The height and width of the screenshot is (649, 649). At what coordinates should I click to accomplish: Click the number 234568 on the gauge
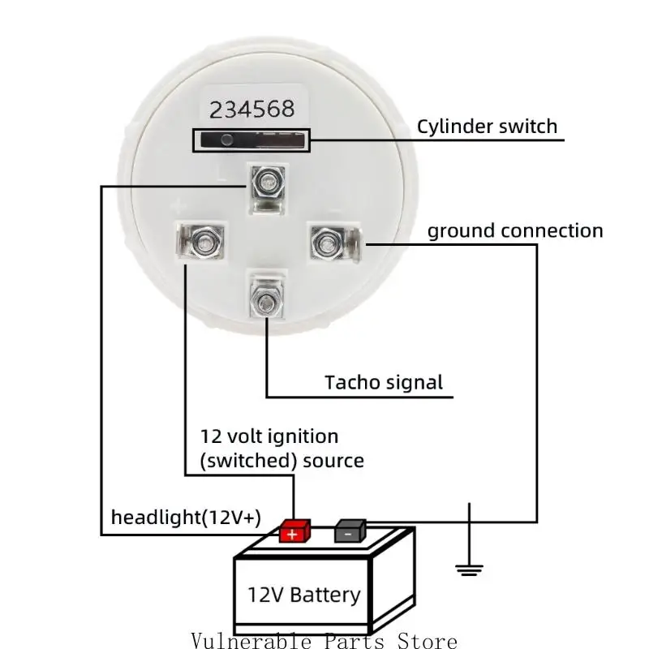click(252, 108)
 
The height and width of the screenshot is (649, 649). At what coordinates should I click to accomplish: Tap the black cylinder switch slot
click(251, 140)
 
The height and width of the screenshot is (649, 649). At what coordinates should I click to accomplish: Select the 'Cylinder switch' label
click(487, 127)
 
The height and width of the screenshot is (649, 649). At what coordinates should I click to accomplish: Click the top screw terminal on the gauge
click(265, 182)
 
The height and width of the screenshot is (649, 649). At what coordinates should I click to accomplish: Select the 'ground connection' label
click(515, 231)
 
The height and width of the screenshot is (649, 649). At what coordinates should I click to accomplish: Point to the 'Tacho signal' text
click(384, 382)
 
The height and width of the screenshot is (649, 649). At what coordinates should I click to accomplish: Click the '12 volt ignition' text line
click(269, 436)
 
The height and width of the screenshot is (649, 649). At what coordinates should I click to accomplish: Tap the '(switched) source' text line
click(282, 461)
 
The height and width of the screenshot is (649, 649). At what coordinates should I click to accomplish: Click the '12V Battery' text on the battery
click(303, 595)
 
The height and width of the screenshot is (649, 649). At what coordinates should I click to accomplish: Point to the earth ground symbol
click(468, 567)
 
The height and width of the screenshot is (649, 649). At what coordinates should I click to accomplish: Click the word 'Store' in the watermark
click(427, 641)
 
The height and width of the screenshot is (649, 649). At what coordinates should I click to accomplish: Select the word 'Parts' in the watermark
click(355, 641)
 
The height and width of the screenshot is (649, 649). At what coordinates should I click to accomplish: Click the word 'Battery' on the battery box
click(324, 595)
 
